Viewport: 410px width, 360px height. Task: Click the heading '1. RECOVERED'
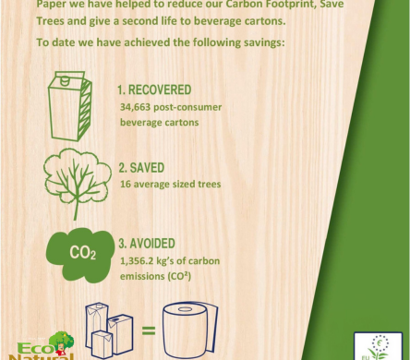[x=154, y=90]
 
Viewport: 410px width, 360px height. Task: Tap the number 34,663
[x=136, y=107]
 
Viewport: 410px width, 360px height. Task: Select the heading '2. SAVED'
[x=143, y=169]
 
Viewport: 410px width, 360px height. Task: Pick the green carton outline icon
[x=75, y=101]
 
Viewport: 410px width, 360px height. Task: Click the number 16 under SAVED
[x=126, y=185]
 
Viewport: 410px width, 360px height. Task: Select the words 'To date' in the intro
[x=54, y=42]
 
